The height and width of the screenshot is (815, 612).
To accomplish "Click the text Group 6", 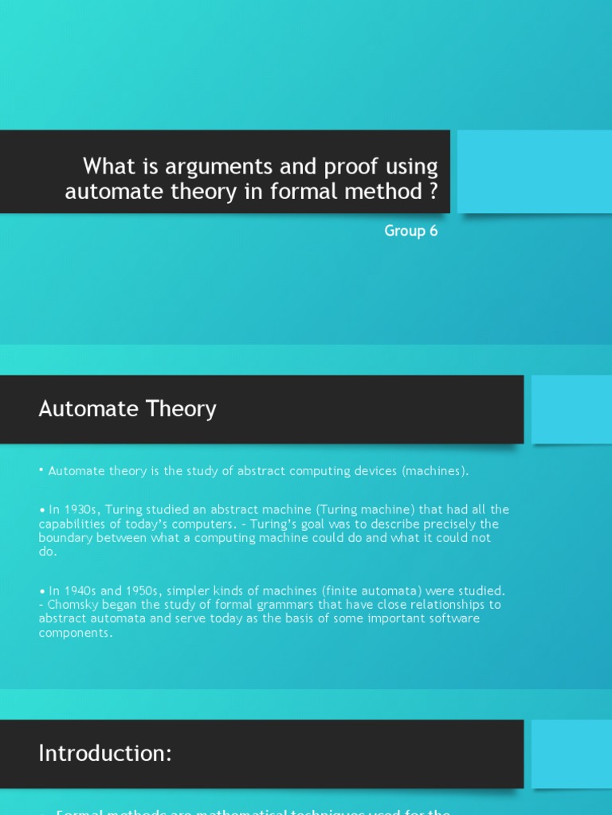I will [x=410, y=231].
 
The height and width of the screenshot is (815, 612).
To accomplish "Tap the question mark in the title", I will [x=433, y=192].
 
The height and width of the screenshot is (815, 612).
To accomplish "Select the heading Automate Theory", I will [x=127, y=409].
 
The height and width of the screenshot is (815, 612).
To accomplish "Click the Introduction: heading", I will [x=105, y=753].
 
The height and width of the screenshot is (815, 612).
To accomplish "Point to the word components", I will [x=75, y=633].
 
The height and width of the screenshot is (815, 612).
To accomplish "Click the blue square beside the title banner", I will [x=534, y=171].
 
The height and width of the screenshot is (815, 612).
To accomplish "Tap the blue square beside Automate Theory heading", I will [x=571, y=409].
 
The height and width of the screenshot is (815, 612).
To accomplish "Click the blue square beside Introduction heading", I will [x=571, y=753].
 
